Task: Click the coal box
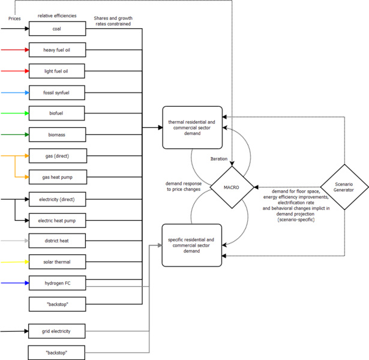click(58, 28)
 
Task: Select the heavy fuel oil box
click(58, 50)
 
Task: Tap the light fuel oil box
click(58, 71)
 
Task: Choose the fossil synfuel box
click(58, 93)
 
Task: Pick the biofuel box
click(58, 113)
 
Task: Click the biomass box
click(58, 134)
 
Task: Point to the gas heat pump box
click(58, 177)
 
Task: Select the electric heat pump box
click(58, 220)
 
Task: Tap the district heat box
click(58, 241)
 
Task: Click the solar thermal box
click(58, 262)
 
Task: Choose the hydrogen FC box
click(58, 283)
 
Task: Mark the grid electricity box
click(58, 331)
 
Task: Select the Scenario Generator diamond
click(344, 187)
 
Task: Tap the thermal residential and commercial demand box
click(193, 127)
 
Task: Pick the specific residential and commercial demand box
click(193, 245)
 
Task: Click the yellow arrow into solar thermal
click(14, 262)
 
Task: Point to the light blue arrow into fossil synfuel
click(14, 93)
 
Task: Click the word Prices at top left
click(14, 19)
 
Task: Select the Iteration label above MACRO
click(218, 159)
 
